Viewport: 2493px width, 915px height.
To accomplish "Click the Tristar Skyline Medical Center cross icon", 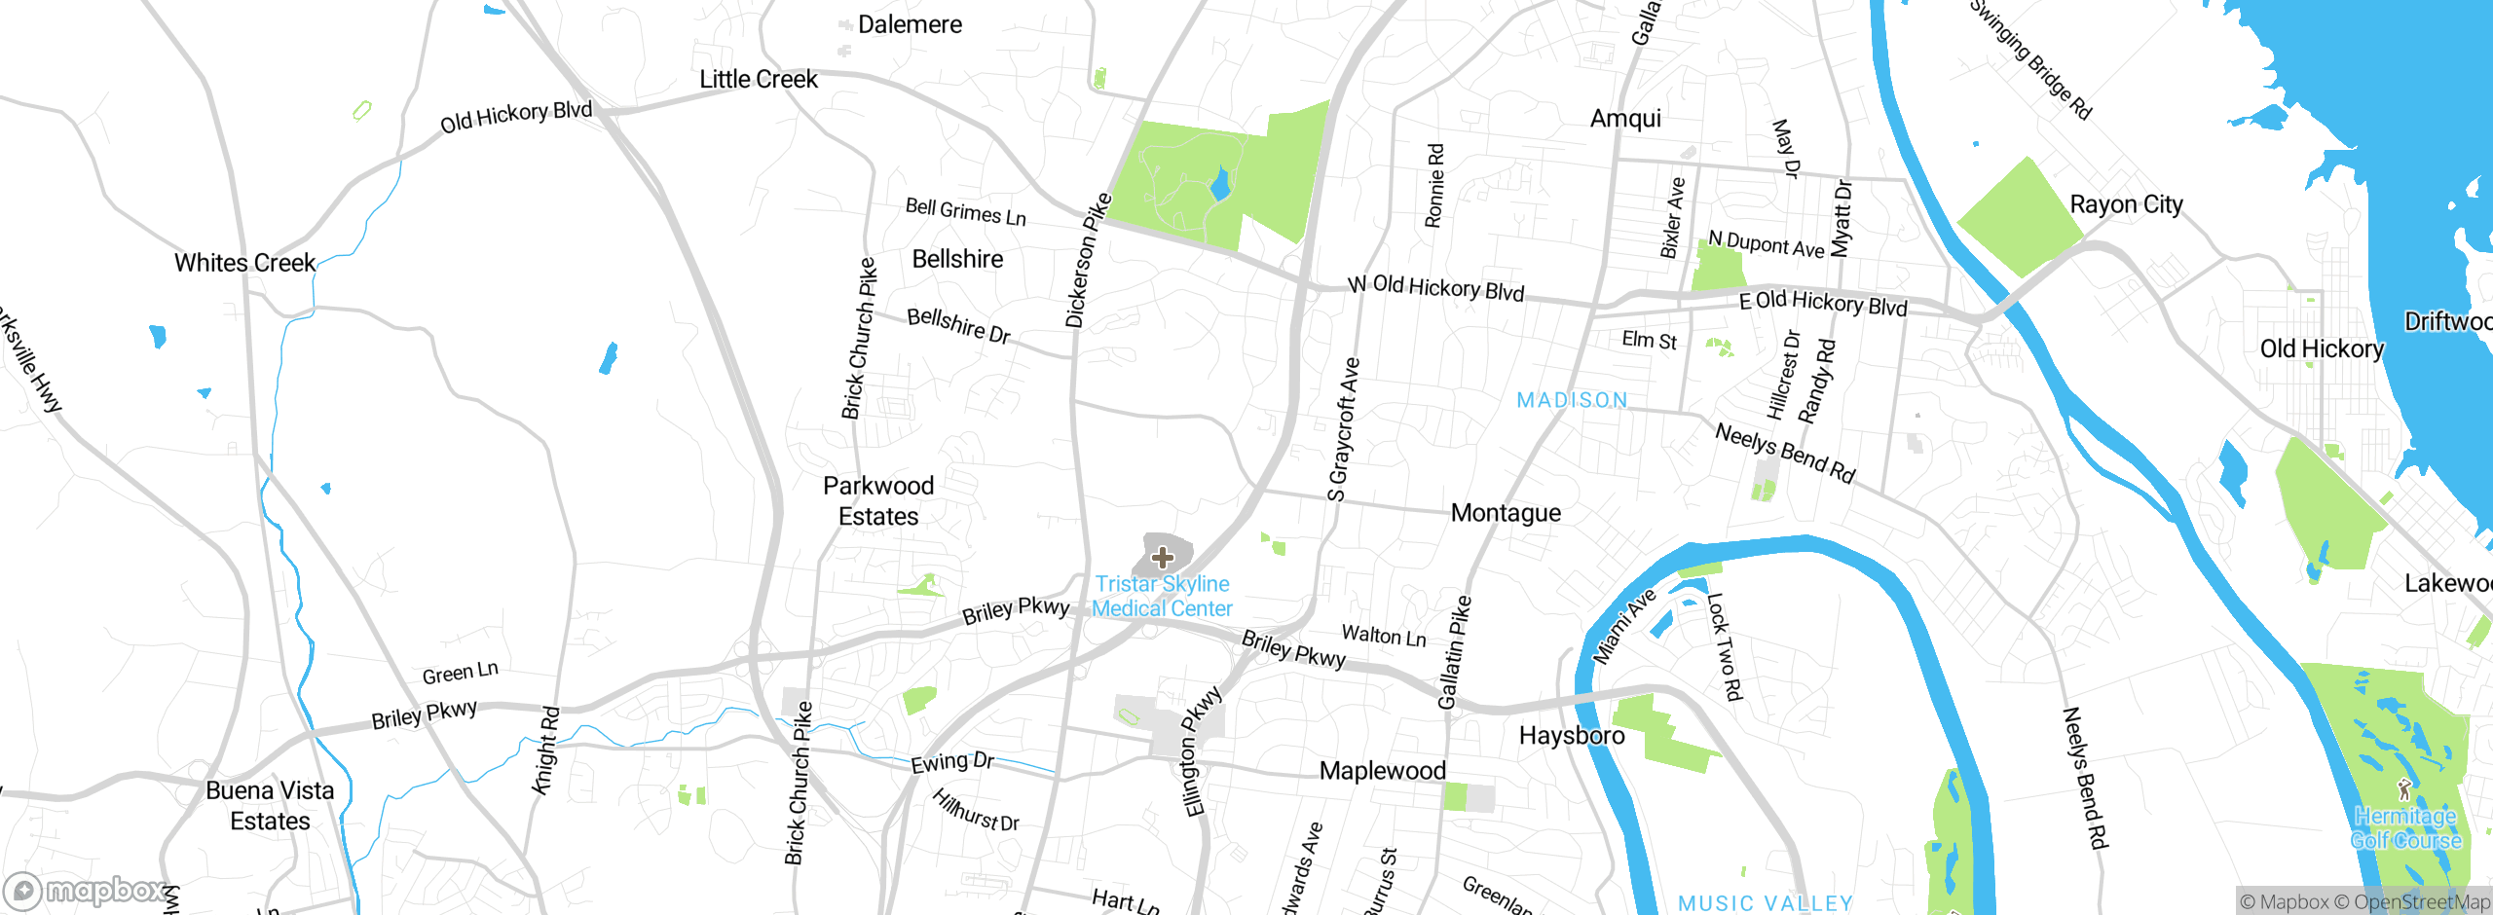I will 1162,558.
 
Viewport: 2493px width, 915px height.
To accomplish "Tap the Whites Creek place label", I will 244,263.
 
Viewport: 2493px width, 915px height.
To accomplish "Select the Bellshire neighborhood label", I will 957,259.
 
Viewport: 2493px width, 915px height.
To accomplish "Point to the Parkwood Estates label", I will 878,500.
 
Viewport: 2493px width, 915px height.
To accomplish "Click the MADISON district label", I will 1572,400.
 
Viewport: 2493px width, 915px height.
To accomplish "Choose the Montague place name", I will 1506,513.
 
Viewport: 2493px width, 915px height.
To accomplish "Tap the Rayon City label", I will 2126,204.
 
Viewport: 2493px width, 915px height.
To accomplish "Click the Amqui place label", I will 1625,119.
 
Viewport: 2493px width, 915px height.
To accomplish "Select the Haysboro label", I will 1572,736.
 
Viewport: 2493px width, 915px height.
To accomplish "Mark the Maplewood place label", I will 1382,771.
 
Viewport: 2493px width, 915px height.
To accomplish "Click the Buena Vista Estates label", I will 270,805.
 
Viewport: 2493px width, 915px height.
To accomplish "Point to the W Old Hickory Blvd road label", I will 1435,287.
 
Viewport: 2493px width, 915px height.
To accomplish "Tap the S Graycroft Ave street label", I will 1344,429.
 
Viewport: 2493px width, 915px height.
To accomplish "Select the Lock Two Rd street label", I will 1724,646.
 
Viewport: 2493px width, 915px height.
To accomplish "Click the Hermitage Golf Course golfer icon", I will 2404,788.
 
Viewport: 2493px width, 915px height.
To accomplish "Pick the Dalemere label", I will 910,24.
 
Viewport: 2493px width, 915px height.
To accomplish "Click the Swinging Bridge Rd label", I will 2030,58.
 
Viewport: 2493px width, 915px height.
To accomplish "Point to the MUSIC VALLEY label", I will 1765,903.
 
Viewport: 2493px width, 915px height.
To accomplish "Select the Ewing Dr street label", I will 951,761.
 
